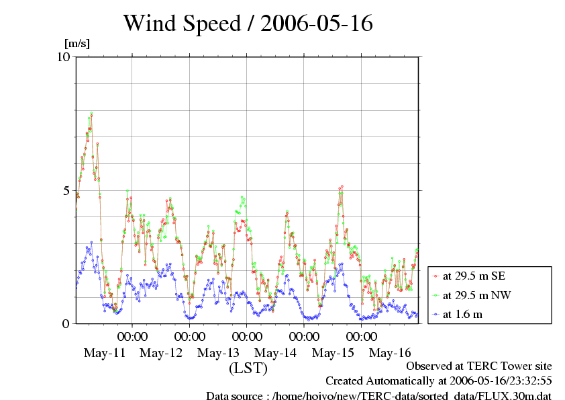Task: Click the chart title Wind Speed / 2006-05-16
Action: tap(248, 24)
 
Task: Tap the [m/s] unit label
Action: tap(76, 44)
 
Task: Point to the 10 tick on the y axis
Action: tap(64, 56)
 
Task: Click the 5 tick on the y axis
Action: tap(66, 190)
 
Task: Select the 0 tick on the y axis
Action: tap(66, 323)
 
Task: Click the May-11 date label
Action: tap(105, 352)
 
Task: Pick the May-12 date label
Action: tap(162, 352)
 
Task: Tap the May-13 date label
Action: tap(219, 352)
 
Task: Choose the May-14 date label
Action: tap(276, 352)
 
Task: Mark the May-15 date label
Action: tap(333, 352)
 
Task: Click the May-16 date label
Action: tap(390, 352)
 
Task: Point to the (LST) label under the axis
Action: tap(248, 368)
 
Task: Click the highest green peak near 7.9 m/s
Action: tap(91, 114)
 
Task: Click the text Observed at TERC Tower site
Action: tap(479, 366)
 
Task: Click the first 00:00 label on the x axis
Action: tap(132, 336)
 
